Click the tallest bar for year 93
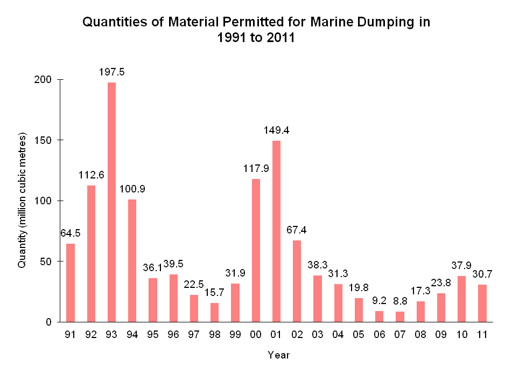click(111, 202)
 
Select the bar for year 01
click(276, 231)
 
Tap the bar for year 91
click(71, 282)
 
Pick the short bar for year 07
click(400, 316)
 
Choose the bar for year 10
click(461, 299)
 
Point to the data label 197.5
click(111, 72)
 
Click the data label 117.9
click(256, 168)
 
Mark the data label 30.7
click(482, 274)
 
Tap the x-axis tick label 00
click(256, 335)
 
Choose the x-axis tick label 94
click(132, 335)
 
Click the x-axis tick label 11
click(482, 335)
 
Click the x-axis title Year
click(279, 355)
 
